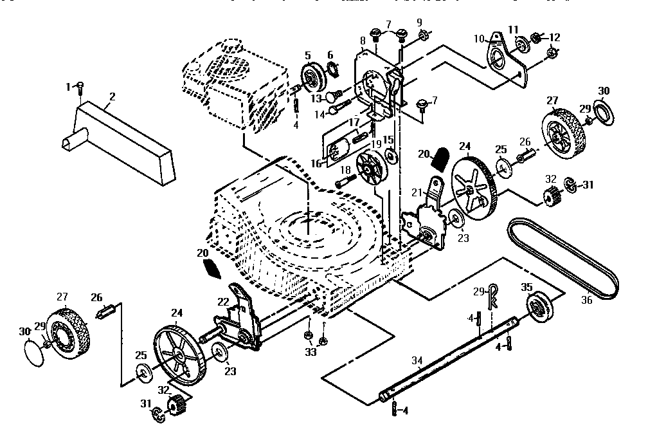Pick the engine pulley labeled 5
click(x=313, y=77)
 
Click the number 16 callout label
click(x=316, y=164)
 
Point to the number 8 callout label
click(x=363, y=41)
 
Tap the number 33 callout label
click(x=310, y=352)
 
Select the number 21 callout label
click(x=416, y=192)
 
